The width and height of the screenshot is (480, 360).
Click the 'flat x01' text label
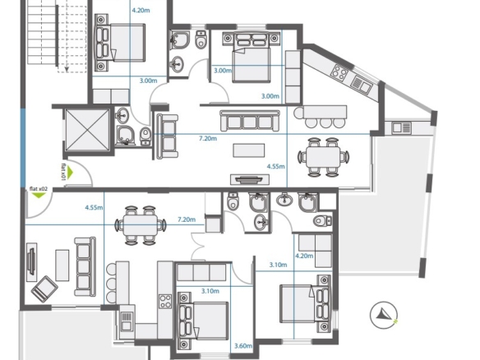(x=63, y=172)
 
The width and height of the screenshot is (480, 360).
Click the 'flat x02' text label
(x=39, y=189)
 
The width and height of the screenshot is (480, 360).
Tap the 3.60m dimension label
(x=243, y=346)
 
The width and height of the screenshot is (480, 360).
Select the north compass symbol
(x=384, y=315)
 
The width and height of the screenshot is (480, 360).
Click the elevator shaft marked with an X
(x=88, y=130)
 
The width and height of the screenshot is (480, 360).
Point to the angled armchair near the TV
(x=44, y=288)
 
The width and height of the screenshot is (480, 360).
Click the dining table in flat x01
(x=323, y=157)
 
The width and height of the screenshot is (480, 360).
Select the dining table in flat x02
(x=141, y=225)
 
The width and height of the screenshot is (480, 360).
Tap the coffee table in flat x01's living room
(x=249, y=150)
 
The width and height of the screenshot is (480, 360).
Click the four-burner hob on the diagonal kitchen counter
(x=339, y=73)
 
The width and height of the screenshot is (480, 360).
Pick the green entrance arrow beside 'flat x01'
(x=71, y=173)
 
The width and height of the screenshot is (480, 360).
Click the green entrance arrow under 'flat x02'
(x=39, y=195)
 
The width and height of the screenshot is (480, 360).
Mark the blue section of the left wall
(x=23, y=148)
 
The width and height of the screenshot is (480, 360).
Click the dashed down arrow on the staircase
(x=67, y=36)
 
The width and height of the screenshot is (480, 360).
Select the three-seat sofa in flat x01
(x=250, y=121)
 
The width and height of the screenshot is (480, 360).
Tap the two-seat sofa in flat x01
(x=167, y=136)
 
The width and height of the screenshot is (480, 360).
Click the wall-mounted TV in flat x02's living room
(x=31, y=261)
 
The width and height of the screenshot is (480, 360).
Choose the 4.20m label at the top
(x=141, y=11)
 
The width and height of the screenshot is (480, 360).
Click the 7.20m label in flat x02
(x=187, y=219)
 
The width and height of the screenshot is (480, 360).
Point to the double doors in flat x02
(x=197, y=246)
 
